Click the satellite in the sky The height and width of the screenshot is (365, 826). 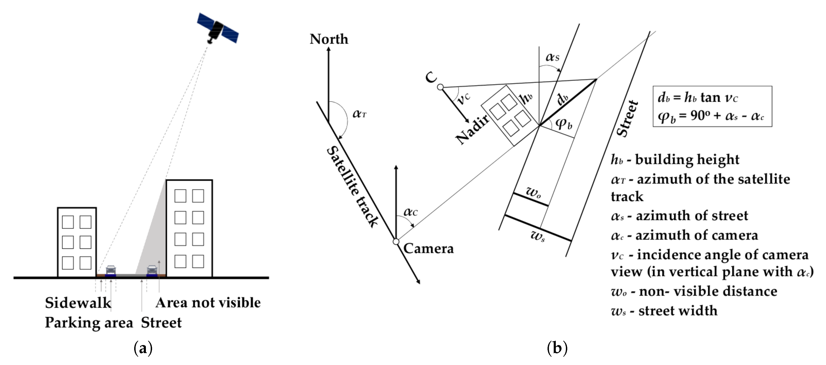point(217,28)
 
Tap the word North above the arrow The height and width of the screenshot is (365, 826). point(329,39)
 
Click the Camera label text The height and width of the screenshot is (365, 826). point(428,248)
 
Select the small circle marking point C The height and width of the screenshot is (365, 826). point(440,87)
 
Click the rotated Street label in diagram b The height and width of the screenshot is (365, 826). point(628,118)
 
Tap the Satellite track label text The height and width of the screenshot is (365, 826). point(352,187)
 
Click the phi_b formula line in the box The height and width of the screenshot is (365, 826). point(710,116)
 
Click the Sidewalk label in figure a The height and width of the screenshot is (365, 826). point(78,303)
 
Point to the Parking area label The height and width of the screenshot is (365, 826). point(89,322)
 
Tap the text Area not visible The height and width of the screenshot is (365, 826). point(208,303)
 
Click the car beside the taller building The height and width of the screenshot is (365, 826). point(152,271)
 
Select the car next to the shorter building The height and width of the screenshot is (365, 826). point(111,271)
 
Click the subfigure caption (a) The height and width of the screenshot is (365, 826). point(143,348)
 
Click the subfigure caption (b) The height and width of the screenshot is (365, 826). point(557,348)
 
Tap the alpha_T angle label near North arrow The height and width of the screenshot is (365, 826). point(359,114)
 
